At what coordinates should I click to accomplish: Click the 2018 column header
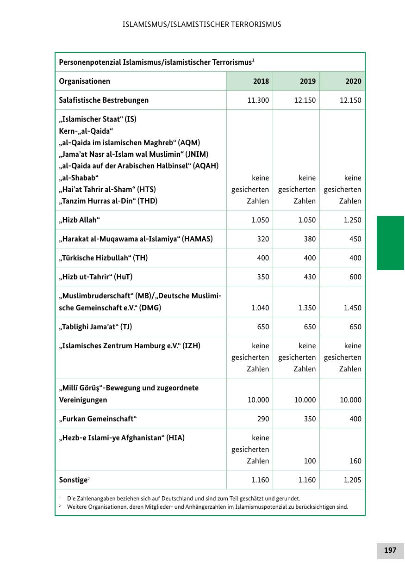pos(261,81)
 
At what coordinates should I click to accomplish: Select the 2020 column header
pos(353,81)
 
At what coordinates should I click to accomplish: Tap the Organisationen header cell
pos(85,81)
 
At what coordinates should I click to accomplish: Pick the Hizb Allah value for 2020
pos(352,220)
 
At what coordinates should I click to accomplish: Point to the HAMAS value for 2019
pos(309,239)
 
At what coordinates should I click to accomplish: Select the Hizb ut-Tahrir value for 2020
pos(355,277)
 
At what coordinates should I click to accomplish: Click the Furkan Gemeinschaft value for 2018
pos(262,419)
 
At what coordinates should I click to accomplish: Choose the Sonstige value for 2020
pos(352,480)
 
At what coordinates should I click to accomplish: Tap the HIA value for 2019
pos(309,461)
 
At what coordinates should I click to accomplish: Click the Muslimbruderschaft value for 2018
pos(260,308)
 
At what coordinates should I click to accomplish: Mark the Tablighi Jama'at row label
pos(95,327)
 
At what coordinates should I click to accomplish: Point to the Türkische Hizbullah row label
pos(103,258)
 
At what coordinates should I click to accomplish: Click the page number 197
pos(390,550)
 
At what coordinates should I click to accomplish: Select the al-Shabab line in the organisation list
pos(79,178)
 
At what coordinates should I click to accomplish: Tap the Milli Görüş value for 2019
pos(305,400)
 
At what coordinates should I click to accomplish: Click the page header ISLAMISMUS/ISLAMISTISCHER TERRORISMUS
pos(202,24)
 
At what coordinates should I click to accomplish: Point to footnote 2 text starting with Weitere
pos(207,507)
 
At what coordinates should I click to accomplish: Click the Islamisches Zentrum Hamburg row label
pos(130,346)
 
